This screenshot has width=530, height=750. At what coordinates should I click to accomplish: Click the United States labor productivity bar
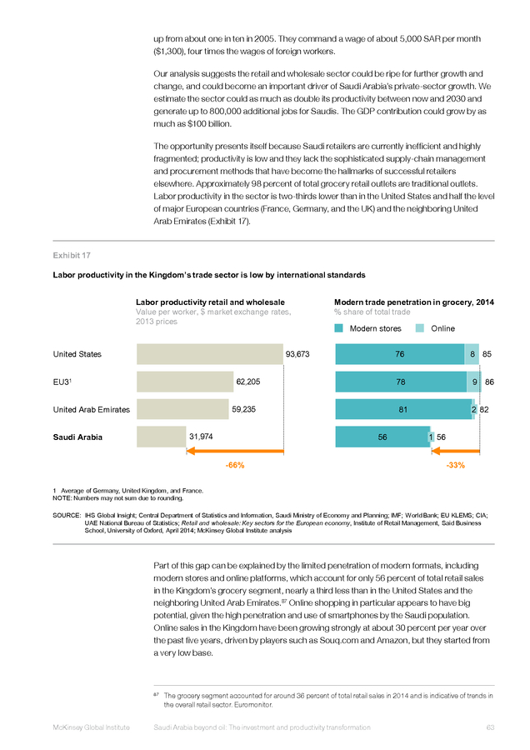(x=210, y=354)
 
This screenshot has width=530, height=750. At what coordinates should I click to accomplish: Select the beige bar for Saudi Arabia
(x=161, y=437)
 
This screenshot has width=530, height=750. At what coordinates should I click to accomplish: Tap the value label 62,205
(x=248, y=382)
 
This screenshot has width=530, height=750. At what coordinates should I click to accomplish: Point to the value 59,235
(x=244, y=409)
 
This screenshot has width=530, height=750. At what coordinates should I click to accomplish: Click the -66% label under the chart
(x=235, y=465)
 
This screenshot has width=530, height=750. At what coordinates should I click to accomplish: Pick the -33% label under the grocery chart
(x=455, y=465)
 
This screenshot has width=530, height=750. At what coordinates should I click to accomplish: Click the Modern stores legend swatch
(x=338, y=328)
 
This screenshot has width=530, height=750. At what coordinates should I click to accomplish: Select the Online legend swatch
(x=420, y=328)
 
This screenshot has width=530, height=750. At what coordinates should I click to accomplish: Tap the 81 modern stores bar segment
(x=403, y=409)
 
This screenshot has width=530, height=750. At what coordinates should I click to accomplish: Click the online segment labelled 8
(x=472, y=354)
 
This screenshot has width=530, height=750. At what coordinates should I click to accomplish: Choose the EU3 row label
(x=62, y=382)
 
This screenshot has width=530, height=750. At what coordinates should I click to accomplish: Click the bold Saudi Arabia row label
(x=77, y=437)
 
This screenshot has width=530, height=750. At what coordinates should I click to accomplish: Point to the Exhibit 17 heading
(x=72, y=256)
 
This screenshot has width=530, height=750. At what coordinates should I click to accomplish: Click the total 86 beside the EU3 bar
(x=489, y=382)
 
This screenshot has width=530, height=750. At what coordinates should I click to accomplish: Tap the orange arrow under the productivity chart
(x=235, y=451)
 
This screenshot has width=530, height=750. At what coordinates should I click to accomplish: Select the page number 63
(x=490, y=727)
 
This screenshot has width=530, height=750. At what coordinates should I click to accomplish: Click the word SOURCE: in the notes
(x=67, y=515)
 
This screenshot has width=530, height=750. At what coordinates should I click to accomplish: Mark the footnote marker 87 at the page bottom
(x=156, y=694)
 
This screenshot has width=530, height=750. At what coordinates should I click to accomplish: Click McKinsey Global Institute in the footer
(x=92, y=727)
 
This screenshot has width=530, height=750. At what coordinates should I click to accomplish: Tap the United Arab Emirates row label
(x=92, y=409)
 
